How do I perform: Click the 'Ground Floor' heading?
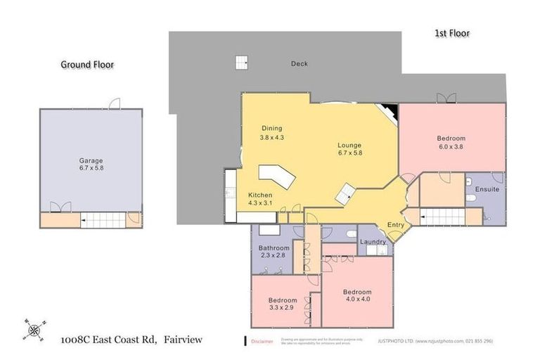pyautogui.click(x=86, y=65)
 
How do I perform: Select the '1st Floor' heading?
pyautogui.click(x=451, y=33)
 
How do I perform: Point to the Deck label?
pyautogui.click(x=299, y=64)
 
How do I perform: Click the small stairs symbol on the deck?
pyautogui.click(x=242, y=61)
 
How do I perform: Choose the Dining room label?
pyautogui.click(x=272, y=128)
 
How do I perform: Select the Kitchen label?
pyautogui.click(x=260, y=195)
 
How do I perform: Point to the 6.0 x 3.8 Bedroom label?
pyautogui.click(x=451, y=148)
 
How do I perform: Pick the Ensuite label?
pyautogui.click(x=487, y=189)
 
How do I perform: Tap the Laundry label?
pyautogui.click(x=373, y=242)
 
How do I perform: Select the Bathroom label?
pyautogui.click(x=274, y=247)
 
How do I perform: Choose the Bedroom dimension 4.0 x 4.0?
pyautogui.click(x=356, y=300)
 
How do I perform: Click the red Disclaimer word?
pyautogui.click(x=262, y=341)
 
